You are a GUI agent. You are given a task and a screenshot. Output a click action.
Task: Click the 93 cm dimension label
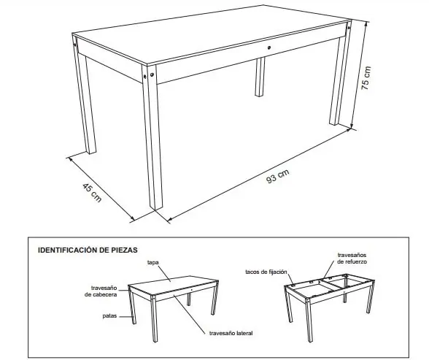click(x=278, y=177)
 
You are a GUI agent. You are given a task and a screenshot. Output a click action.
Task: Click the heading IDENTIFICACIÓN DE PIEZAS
click(x=88, y=250)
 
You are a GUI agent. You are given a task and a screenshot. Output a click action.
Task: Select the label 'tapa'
click(x=153, y=261)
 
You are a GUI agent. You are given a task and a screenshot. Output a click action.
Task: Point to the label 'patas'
click(x=109, y=317)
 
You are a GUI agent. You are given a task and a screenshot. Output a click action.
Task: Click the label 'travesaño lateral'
click(x=231, y=334)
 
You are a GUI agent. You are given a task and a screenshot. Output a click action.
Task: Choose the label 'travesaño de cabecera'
click(x=106, y=291)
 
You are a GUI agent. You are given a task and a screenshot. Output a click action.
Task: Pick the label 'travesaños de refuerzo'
click(x=352, y=258)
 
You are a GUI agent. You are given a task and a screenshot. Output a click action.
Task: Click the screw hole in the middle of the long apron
click(x=269, y=48)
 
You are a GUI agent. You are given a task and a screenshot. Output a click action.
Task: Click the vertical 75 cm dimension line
click(x=355, y=77)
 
